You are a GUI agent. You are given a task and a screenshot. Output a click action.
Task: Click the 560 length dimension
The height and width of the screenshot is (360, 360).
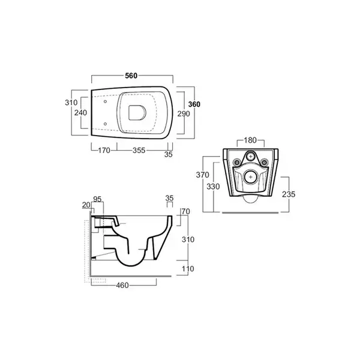131,76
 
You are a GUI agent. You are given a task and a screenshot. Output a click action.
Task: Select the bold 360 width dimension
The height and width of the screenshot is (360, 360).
194,104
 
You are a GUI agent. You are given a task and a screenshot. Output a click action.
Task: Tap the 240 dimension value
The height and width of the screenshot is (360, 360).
80,113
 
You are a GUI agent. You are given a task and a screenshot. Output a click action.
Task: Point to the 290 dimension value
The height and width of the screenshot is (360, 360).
184,113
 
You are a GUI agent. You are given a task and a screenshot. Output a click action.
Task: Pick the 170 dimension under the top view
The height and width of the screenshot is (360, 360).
104,151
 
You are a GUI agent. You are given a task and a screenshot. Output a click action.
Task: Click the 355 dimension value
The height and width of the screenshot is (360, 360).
139,151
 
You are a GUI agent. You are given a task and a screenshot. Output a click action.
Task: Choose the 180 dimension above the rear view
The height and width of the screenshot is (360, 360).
250,140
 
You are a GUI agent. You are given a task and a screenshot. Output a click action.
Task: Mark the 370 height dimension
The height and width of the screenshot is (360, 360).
203,175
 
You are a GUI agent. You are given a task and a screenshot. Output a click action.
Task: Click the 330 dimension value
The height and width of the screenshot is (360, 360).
213,187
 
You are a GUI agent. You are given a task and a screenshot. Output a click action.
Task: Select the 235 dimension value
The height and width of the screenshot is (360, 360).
289,194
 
